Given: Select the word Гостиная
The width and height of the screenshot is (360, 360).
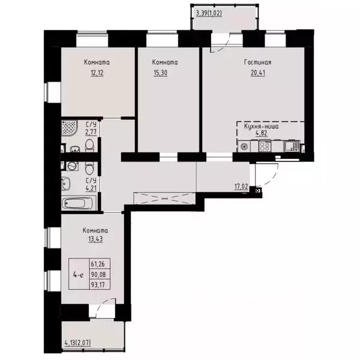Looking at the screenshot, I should click(x=259, y=62).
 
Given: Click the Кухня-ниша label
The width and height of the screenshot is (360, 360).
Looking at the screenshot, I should click(x=260, y=127).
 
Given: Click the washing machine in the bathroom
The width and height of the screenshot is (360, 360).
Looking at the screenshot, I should click(x=72, y=165).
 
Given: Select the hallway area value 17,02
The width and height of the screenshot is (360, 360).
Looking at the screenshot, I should click(x=241, y=187).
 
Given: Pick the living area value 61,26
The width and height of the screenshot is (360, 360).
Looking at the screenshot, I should click(x=98, y=263).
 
